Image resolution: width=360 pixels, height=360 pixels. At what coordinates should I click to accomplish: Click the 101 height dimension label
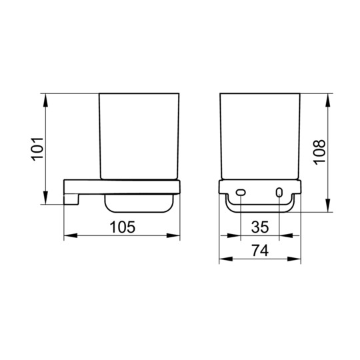coord(37,149)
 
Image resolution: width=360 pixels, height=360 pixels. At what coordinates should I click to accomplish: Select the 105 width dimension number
coord(123,227)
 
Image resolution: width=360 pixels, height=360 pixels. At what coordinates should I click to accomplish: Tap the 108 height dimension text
coord(319,152)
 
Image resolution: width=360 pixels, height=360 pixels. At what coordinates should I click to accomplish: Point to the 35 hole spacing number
coord(260,227)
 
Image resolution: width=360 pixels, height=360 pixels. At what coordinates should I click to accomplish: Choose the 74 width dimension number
coord(260,250)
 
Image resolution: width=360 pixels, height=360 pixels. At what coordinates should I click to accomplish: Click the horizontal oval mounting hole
coord(241,193)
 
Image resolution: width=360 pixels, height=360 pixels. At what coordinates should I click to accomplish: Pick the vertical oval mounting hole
coord(279,193)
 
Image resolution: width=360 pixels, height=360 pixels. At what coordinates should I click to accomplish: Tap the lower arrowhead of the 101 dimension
coord(46,197)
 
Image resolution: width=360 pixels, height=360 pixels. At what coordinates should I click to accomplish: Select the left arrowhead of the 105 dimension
coord(71,235)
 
